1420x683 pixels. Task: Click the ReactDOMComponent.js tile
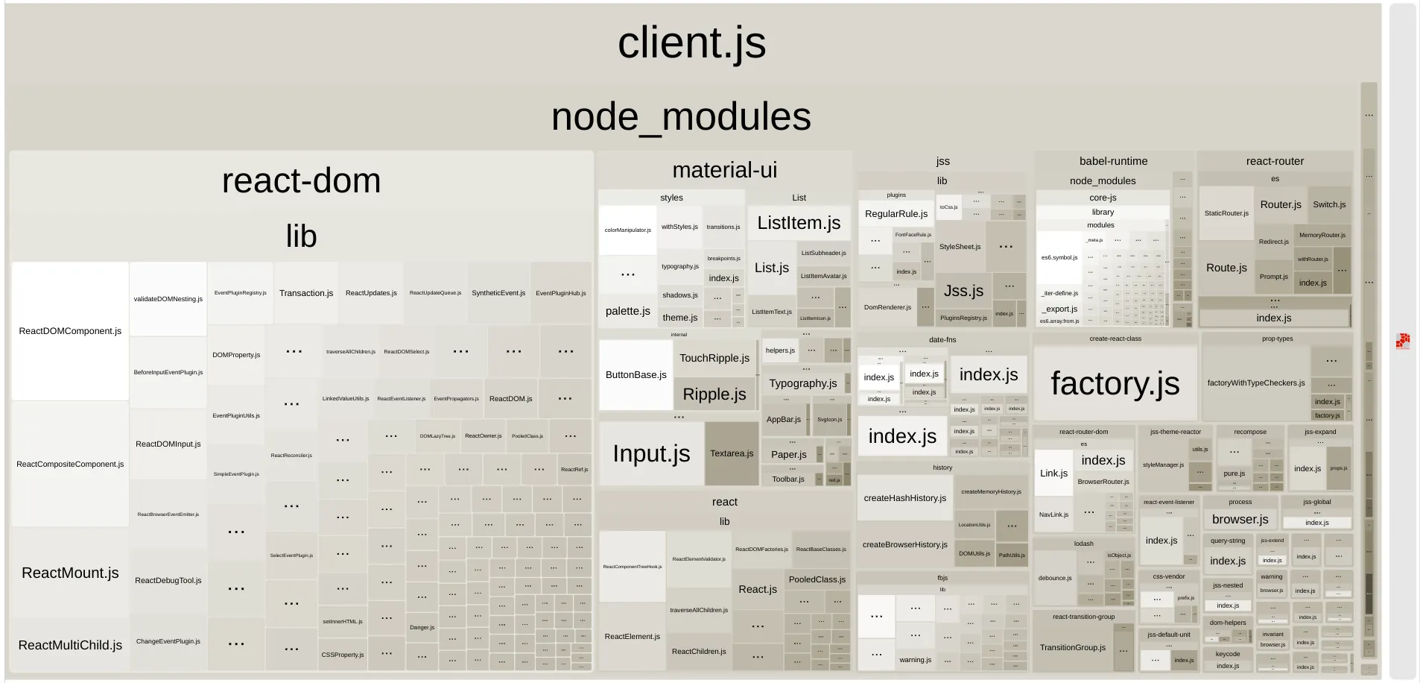[x=70, y=331]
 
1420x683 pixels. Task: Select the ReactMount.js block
[x=70, y=573]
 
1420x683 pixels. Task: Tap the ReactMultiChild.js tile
[x=70, y=645]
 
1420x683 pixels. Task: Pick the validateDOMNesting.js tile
[x=168, y=299]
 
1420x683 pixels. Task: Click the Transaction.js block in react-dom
[x=306, y=293]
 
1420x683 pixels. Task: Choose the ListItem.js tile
[x=799, y=223]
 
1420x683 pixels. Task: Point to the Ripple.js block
[x=714, y=394]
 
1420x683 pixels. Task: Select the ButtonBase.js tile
[x=635, y=375]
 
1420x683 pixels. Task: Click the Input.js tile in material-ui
[x=651, y=453]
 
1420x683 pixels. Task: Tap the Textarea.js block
[x=732, y=453]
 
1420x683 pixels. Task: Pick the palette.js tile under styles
[x=627, y=311]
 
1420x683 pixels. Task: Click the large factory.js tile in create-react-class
[x=1115, y=383]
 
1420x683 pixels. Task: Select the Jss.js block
[x=963, y=291]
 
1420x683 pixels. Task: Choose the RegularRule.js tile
[x=896, y=214]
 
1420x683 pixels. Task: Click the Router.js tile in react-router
[x=1281, y=204]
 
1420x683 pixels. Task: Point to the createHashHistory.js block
[x=904, y=498]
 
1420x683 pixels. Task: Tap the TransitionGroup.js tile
[x=1073, y=647]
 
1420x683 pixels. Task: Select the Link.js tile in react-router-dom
[x=1053, y=473]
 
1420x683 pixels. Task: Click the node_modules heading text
[x=681, y=117]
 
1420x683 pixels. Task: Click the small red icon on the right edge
[x=1403, y=341]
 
